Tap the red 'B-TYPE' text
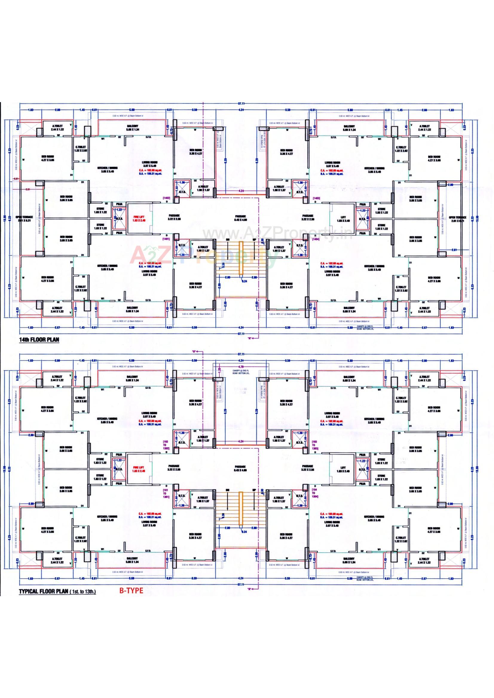pos(131,591)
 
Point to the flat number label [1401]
pos(166,239)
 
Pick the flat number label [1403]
pos(316,198)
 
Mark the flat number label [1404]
pos(316,239)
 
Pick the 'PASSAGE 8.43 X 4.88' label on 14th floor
pos(241,217)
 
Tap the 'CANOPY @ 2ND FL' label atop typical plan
pos(240,371)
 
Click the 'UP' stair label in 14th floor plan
pos(254,240)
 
